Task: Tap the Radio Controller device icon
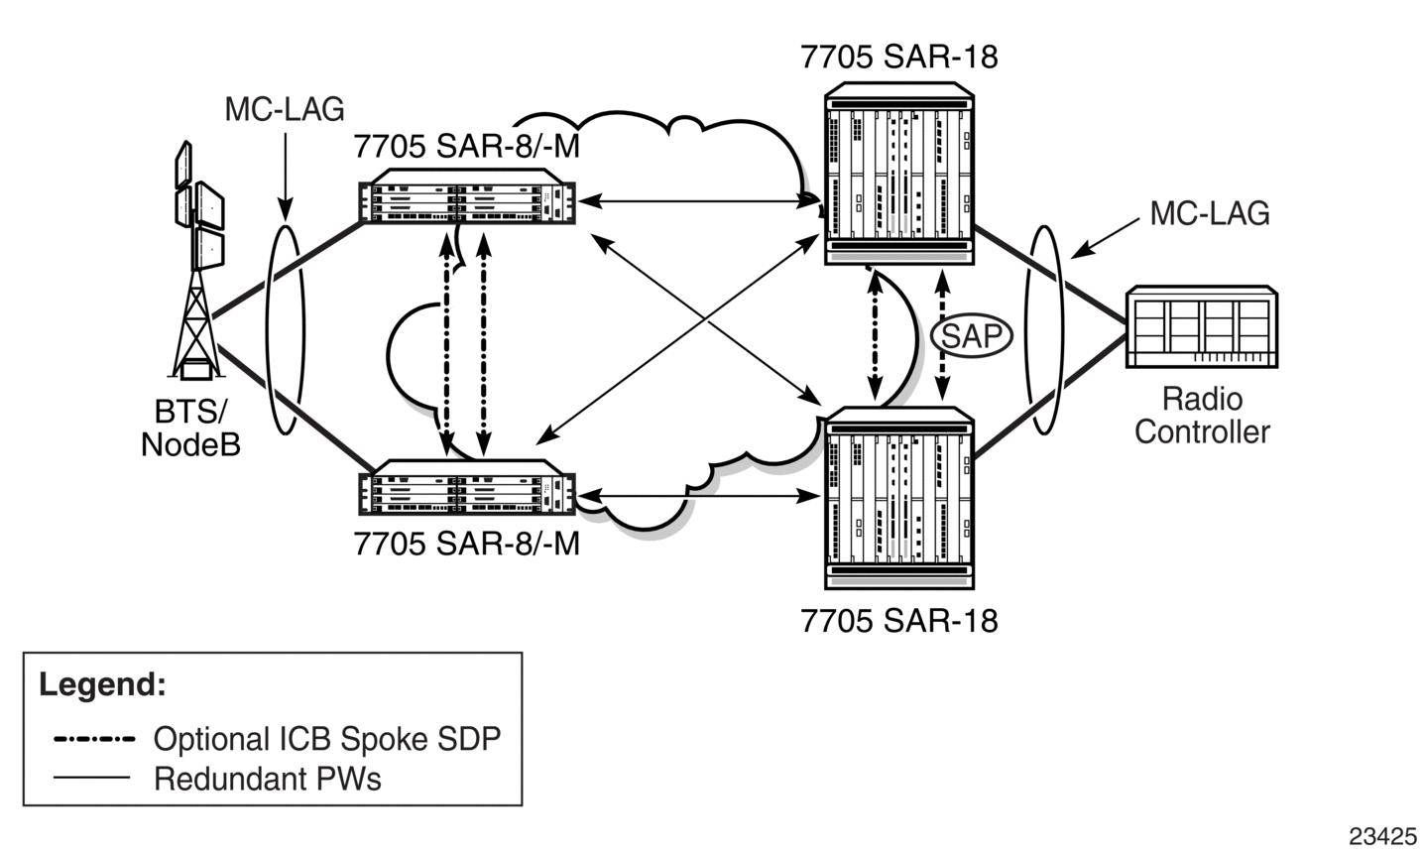(1201, 326)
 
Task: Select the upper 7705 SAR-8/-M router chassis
(467, 196)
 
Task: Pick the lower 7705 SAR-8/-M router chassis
(467, 487)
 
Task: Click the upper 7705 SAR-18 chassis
(898, 174)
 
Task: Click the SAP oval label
(972, 335)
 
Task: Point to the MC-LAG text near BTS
(285, 109)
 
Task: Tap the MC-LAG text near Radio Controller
(1210, 213)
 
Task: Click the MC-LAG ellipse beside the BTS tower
(267, 330)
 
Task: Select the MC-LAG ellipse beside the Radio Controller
(1027, 330)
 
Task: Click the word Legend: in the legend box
(102, 684)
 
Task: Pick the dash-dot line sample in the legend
(94, 739)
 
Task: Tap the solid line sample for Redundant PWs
(91, 777)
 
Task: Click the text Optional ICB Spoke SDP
(327, 739)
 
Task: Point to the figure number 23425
(1382, 836)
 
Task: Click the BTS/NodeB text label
(190, 427)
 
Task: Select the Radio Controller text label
(1202, 416)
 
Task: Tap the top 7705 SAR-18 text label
(898, 58)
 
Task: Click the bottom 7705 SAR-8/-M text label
(467, 544)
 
